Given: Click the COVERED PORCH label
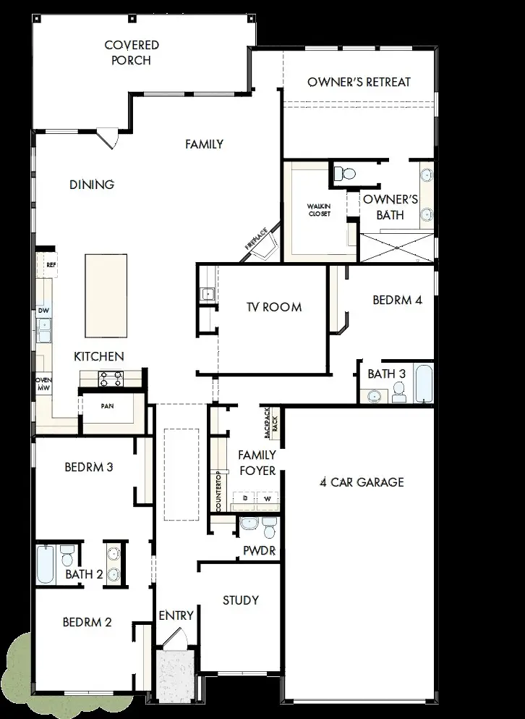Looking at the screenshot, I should click(x=132, y=53).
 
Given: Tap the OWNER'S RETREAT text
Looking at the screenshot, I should click(x=359, y=82).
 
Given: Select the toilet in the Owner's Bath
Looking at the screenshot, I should click(x=346, y=174).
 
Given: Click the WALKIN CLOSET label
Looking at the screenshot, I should click(x=319, y=210).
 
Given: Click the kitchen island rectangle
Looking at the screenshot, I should click(x=106, y=295).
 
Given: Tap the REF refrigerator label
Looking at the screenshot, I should click(x=51, y=265).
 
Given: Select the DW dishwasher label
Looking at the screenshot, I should click(x=43, y=311).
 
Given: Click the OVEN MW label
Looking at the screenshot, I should click(x=43, y=383).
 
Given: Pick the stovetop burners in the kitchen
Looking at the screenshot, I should click(x=111, y=378).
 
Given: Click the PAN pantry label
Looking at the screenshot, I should click(x=107, y=406).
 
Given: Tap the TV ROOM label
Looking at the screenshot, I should click(x=274, y=307).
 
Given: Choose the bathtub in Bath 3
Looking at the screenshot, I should click(x=424, y=384).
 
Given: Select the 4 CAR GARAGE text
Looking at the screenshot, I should click(x=362, y=482).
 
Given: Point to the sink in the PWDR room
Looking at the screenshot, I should click(x=248, y=524).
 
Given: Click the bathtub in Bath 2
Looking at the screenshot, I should click(x=46, y=564).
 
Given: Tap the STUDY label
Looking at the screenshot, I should click(x=241, y=600).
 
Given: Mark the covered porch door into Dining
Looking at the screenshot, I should click(x=108, y=138).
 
